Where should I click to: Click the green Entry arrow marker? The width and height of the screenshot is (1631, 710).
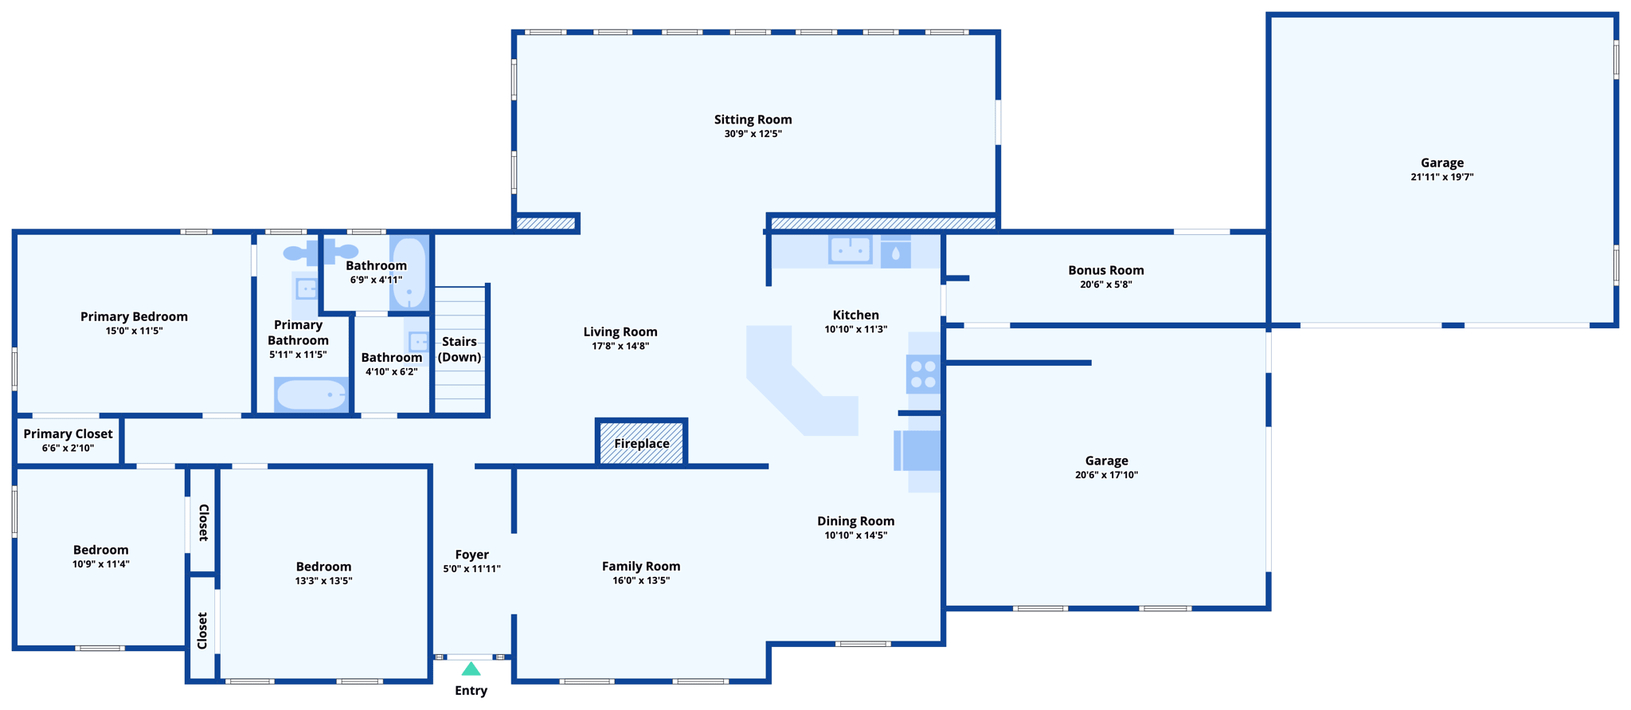coord(471,669)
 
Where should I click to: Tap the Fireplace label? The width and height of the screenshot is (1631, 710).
coord(641,444)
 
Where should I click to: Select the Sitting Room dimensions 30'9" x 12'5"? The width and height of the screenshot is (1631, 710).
coord(753,134)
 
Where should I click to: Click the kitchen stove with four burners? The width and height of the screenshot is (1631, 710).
coord(923,375)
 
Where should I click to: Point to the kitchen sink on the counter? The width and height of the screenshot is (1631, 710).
coord(850,249)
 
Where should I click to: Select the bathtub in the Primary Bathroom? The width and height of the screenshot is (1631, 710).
coord(311,394)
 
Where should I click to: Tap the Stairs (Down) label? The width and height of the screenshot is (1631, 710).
coord(460,349)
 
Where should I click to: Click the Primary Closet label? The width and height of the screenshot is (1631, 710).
coord(68,433)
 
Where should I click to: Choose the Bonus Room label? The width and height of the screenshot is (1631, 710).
coord(1105,270)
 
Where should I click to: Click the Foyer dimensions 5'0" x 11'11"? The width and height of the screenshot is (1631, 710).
coord(471,569)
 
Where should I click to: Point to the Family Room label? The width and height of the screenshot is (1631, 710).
coord(641,567)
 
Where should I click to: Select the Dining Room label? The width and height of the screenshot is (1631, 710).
coord(855,521)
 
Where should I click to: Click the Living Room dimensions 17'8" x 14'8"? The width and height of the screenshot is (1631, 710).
coord(620,346)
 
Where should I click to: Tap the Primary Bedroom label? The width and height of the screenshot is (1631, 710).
coord(134,316)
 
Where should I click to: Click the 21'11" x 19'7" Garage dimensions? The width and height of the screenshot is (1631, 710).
coord(1441,177)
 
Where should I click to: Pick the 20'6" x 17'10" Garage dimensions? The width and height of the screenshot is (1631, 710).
coord(1106,475)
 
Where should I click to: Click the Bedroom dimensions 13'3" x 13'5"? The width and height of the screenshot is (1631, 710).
coord(323,581)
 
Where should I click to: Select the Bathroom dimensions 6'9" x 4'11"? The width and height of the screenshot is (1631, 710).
coord(376,280)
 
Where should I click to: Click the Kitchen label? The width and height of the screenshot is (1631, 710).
coord(855,315)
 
